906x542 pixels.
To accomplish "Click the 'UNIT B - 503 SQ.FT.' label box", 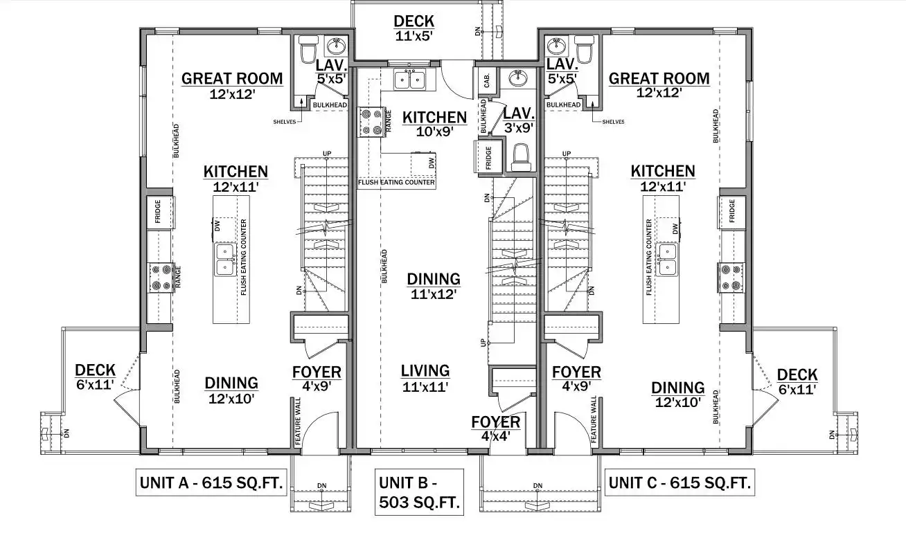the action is [x=420, y=492].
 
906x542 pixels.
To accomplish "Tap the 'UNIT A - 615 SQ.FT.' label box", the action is [x=211, y=482].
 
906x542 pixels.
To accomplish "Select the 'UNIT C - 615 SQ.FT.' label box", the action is [x=679, y=482].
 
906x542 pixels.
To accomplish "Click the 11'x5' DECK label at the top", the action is [x=414, y=28].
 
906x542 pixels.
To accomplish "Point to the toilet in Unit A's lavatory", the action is [x=310, y=49].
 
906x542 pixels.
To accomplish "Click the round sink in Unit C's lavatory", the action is [x=557, y=46].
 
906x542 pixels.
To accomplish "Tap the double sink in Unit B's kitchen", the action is [x=410, y=79].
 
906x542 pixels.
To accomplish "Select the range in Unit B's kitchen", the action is [x=371, y=122].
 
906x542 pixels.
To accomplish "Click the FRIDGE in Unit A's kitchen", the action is [x=159, y=213].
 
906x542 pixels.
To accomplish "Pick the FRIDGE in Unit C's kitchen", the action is [x=731, y=213].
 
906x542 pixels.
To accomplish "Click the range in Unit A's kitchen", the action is [x=161, y=278].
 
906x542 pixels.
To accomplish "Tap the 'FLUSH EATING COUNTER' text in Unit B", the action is [x=396, y=182].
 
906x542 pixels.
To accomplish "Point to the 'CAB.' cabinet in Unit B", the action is [x=487, y=81].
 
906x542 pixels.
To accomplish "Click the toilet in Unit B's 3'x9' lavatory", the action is [x=521, y=158].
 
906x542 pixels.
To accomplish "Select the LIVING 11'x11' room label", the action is [x=425, y=379].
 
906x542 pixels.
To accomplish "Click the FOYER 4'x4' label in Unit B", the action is [x=496, y=428].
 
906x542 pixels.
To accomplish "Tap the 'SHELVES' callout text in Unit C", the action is [x=613, y=122].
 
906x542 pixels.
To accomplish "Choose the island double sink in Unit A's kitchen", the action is [x=225, y=259].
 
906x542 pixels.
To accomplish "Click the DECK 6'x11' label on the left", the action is [x=96, y=377].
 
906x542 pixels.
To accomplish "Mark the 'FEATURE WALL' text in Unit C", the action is [x=594, y=419].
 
